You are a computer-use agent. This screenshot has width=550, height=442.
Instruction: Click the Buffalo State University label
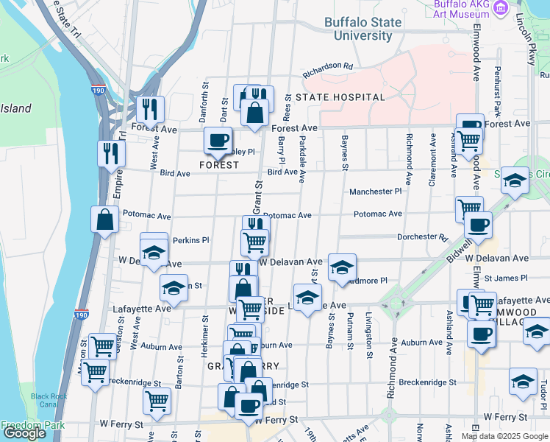362,29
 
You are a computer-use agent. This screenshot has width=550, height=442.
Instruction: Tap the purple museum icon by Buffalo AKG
501,9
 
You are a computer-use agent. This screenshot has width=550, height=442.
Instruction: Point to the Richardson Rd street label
328,70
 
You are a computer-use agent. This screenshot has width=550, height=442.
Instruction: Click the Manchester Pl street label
376,192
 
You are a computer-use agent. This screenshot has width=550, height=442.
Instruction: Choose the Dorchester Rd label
422,237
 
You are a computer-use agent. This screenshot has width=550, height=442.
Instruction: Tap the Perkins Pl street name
191,240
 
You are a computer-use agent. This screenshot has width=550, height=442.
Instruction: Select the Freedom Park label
32,425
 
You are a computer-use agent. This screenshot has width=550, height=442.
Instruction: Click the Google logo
24,433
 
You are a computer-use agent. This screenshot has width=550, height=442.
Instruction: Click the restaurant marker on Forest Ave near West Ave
150,110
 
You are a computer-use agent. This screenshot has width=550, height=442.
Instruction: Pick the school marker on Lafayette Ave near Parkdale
308,298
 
